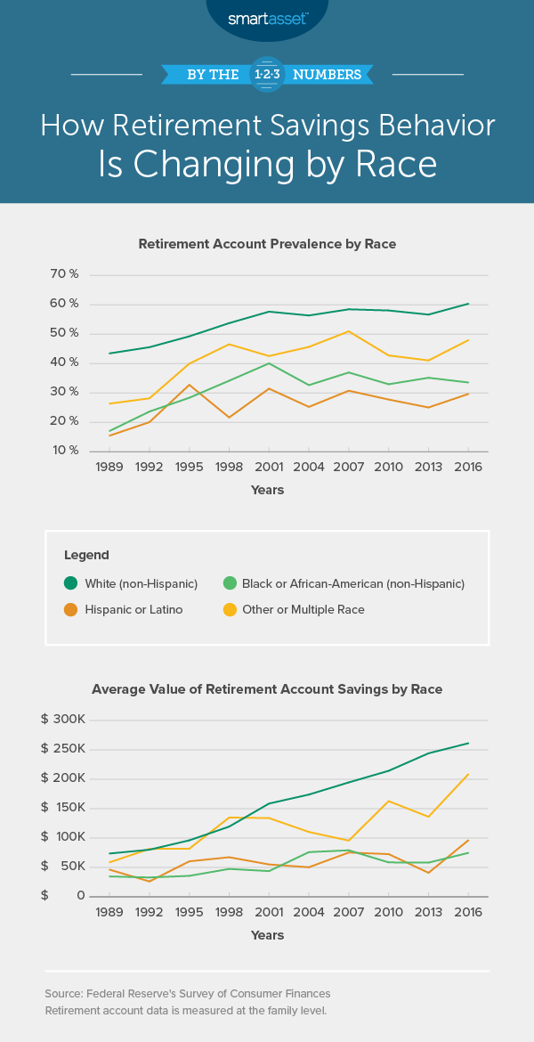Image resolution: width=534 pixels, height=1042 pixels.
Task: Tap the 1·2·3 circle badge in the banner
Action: point(267,75)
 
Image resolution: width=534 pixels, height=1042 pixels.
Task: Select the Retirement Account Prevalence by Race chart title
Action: point(267,243)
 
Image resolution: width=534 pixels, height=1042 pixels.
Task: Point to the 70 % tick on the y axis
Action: point(64,274)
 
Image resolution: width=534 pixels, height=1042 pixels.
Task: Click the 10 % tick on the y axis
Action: point(64,451)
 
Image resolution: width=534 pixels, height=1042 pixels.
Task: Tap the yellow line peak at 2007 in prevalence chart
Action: point(349,331)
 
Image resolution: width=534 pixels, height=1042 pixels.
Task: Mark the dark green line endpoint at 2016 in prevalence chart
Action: point(468,304)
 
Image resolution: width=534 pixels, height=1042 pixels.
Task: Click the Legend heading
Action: point(86,555)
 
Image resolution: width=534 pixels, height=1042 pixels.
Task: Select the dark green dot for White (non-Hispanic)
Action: point(70,583)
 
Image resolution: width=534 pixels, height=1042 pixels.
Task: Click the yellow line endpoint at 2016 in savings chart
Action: point(468,775)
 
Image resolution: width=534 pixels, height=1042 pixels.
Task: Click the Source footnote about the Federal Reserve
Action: point(187,993)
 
